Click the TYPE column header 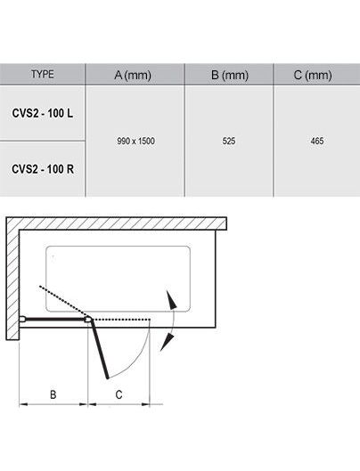click(x=43, y=74)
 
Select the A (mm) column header click(x=133, y=75)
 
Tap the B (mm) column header click(x=230, y=75)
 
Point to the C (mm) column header click(x=313, y=75)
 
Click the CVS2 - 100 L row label click(x=43, y=113)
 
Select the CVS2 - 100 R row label click(x=43, y=169)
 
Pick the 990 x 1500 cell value click(x=136, y=141)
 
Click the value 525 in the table click(x=229, y=141)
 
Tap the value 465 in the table click(x=317, y=141)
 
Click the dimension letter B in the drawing click(x=53, y=394)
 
